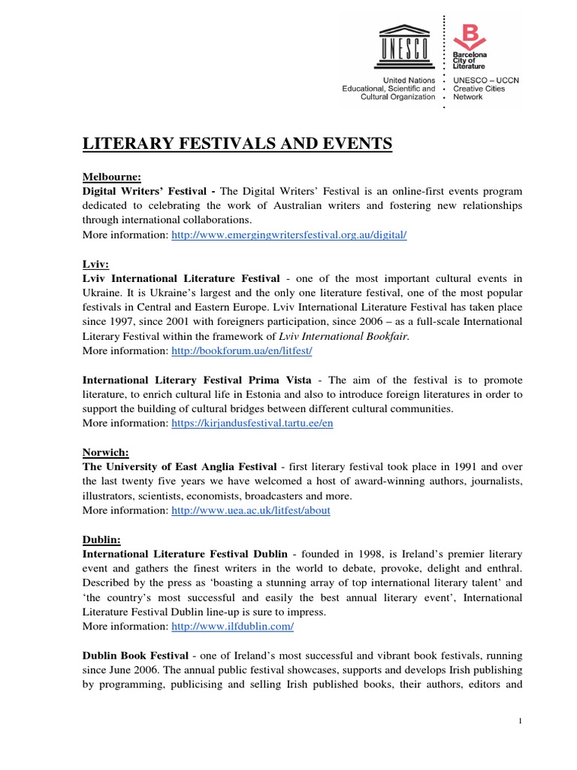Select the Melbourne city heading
click(111, 177)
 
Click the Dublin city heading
click(101, 540)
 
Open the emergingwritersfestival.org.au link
click(288, 235)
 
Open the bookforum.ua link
click(237, 351)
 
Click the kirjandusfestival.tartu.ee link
click(252, 423)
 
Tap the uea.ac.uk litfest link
click(251, 511)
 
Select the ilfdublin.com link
click(232, 626)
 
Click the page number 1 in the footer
click(520, 722)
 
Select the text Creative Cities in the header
click(480, 88)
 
